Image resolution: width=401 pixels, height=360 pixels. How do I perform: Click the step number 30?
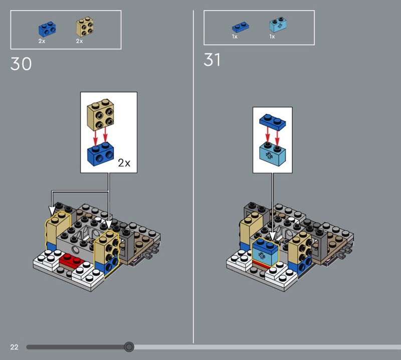click(x=21, y=64)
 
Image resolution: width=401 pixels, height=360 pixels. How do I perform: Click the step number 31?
click(x=212, y=60)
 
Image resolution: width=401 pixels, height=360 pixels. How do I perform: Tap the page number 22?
click(x=15, y=347)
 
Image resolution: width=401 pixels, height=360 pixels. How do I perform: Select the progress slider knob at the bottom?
click(x=129, y=346)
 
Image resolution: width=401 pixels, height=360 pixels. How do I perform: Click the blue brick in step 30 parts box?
click(x=47, y=29)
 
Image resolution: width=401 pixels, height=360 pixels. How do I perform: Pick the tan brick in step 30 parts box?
click(x=85, y=27)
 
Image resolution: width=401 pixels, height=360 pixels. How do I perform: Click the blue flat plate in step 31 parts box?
click(x=241, y=27)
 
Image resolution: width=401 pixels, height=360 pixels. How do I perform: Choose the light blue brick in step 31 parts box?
click(x=278, y=25)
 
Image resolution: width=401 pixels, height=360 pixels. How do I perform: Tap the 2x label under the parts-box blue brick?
click(x=42, y=41)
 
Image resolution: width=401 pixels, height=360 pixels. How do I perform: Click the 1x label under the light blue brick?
click(x=272, y=37)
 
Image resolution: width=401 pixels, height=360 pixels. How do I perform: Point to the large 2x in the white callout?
click(x=124, y=163)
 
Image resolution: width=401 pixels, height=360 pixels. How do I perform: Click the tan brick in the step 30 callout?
click(x=101, y=115)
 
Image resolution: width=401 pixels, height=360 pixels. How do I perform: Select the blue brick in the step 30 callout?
click(x=101, y=154)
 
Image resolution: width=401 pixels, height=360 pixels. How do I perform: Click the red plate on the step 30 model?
click(x=71, y=261)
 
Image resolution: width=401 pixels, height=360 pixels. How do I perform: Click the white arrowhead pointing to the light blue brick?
click(x=272, y=237)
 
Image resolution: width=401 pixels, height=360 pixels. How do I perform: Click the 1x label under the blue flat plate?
click(x=235, y=37)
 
